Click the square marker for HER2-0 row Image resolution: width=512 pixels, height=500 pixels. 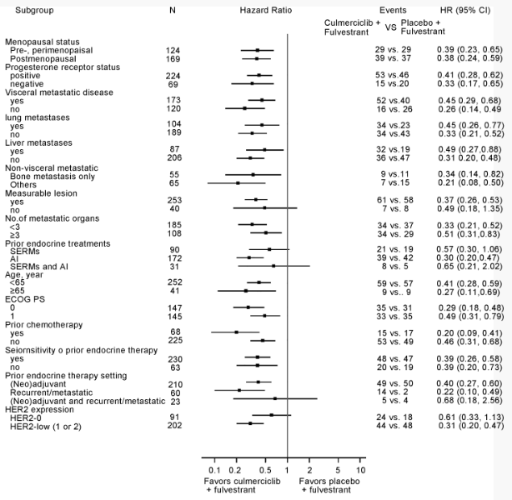point(271,437)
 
